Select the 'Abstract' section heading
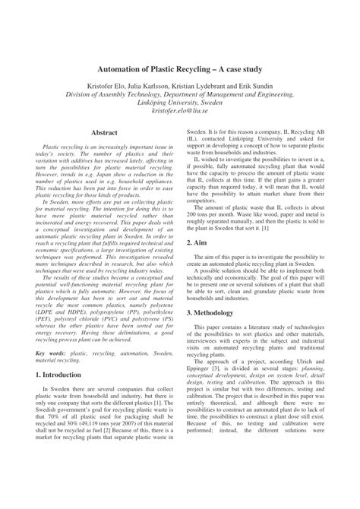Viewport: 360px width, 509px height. [x=104, y=133]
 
